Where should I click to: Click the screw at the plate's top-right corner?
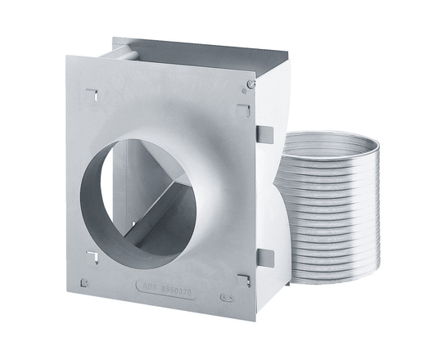pyautogui.click(x=250, y=83)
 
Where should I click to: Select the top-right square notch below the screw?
pyautogui.click(x=243, y=110)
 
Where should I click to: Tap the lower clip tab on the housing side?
pyautogui.click(x=264, y=258)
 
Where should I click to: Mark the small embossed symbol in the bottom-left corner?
pyautogui.click(x=84, y=284)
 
